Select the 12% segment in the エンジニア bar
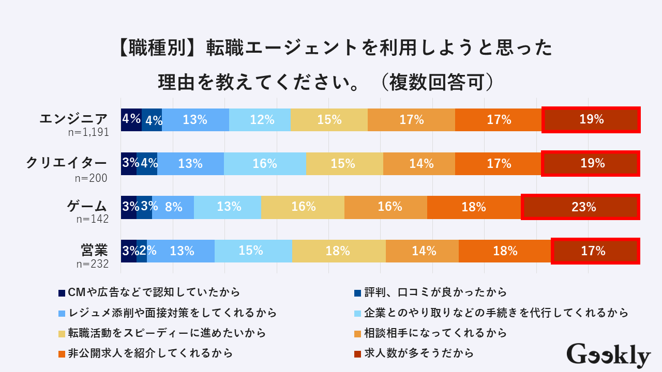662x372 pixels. [x=260, y=120]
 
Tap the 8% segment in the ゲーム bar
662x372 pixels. [x=173, y=207]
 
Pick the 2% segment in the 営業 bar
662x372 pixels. [x=142, y=251]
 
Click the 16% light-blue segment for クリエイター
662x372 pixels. [x=265, y=163]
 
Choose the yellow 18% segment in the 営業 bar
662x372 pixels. [x=339, y=251]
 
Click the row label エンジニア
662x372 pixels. [x=74, y=119]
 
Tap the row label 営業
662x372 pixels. [x=94, y=250]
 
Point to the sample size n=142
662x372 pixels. [x=92, y=219]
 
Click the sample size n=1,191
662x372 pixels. [x=88, y=132]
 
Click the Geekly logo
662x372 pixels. [x=608, y=355]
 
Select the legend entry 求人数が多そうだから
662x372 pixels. [x=419, y=353]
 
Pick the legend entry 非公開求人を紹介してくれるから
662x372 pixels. [x=150, y=353]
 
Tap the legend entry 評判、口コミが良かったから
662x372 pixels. [x=435, y=292]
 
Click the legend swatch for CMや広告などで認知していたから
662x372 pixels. [x=62, y=293]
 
